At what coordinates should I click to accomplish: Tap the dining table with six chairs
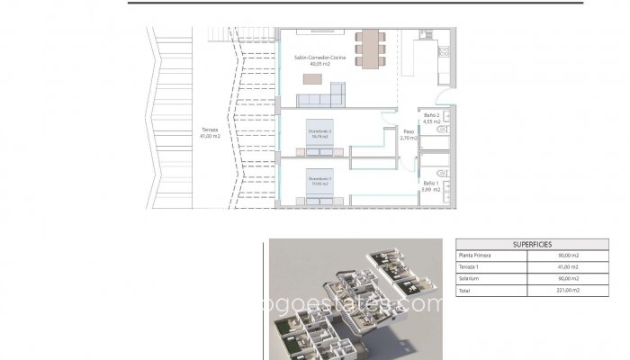click(x=369, y=49)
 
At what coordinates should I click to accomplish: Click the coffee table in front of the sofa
click(x=311, y=80)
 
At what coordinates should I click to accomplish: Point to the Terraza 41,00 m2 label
click(x=210, y=131)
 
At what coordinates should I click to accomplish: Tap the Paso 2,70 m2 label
click(x=405, y=136)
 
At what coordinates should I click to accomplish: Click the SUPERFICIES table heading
click(x=532, y=244)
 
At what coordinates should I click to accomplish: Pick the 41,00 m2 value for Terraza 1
click(x=568, y=267)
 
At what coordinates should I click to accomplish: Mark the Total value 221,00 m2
click(x=568, y=292)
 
